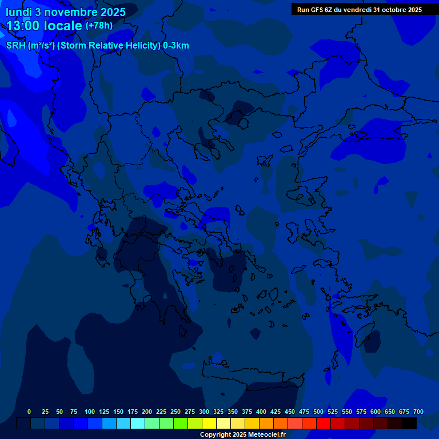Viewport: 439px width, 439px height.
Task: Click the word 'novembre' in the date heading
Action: tap(69, 12)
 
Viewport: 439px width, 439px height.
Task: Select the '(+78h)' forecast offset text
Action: tap(99, 26)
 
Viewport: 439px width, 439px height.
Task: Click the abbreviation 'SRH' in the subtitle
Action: tap(16, 46)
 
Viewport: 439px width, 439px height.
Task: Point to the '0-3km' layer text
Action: tap(176, 46)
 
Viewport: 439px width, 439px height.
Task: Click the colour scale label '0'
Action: tap(29, 412)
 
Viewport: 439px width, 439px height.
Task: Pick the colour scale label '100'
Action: tap(90, 412)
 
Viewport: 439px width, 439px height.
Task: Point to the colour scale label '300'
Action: tap(204, 412)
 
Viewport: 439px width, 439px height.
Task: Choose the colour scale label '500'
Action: tap(318, 412)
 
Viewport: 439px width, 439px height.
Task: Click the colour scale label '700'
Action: tap(418, 412)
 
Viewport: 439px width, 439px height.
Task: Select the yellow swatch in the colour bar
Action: tap(209, 423)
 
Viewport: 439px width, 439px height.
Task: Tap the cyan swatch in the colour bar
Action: tap(138, 423)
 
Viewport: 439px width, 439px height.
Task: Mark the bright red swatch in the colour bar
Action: tap(324, 423)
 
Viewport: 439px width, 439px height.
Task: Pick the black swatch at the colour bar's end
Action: tap(409, 423)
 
